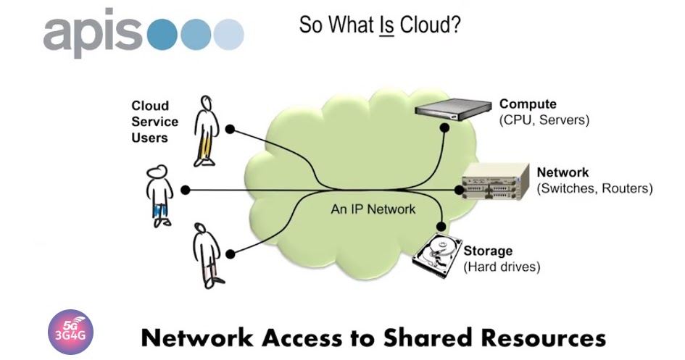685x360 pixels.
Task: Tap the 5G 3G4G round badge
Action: point(70,332)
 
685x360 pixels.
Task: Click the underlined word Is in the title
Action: point(386,25)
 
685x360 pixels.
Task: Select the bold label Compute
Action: point(528,104)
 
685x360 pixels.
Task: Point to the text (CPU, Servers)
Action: point(544,120)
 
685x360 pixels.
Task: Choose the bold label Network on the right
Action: point(562,172)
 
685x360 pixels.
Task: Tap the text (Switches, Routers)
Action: point(594,188)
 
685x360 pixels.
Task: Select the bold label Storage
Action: point(488,251)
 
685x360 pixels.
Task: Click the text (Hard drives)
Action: point(502,267)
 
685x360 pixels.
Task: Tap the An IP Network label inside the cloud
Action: point(373,209)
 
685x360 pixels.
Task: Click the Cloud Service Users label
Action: point(149,122)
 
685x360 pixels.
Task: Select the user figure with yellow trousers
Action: point(206,130)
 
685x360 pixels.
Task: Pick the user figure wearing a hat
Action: point(158,194)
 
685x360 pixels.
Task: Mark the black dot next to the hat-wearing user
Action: point(186,190)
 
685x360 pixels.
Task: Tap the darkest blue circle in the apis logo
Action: point(163,33)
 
